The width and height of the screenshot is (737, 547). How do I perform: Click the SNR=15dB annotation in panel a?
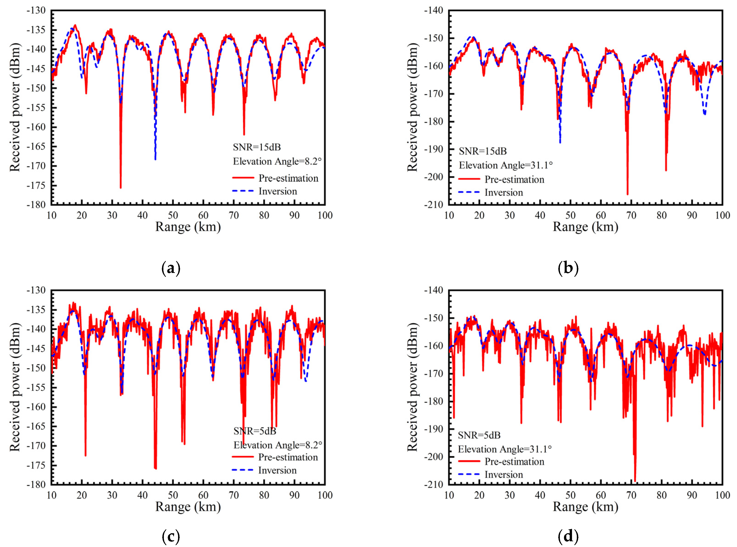coord(257,147)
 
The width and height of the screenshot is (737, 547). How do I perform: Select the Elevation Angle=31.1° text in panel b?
coord(506,165)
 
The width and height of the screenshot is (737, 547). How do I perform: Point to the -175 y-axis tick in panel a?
coord(36,185)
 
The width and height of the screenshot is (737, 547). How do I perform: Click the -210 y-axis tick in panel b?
coord(433,205)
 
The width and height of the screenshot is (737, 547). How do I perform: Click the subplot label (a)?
coord(171,268)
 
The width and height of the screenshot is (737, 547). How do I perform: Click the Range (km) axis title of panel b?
coord(585,227)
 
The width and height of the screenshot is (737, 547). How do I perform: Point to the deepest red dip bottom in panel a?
coord(121,188)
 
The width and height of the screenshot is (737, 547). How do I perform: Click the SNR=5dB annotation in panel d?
coord(479,435)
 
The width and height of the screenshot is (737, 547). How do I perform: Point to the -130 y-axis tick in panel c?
coord(36,290)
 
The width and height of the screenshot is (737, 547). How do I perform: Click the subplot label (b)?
coord(568,268)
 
